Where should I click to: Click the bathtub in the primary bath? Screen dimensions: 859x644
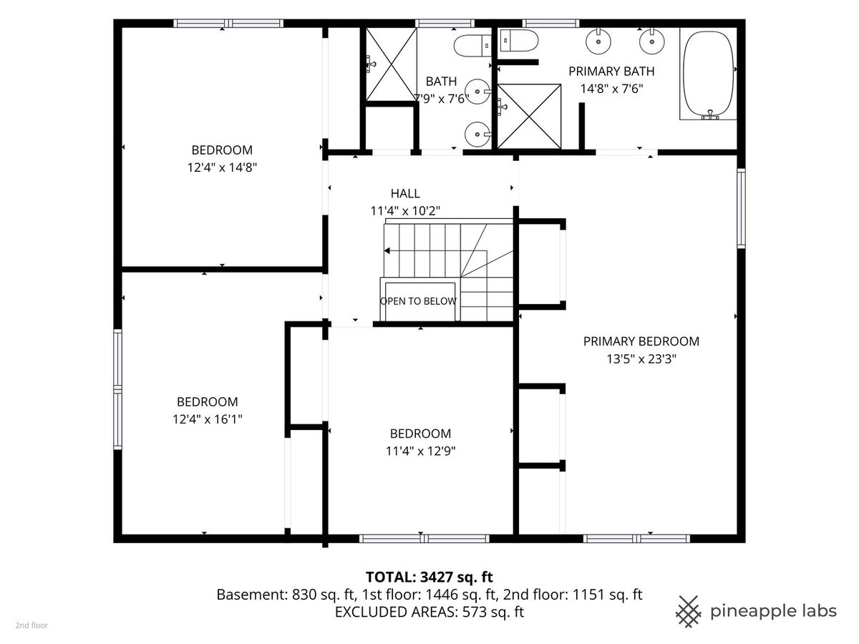tap(708, 73)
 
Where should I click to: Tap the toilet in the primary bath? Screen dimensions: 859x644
tap(519, 40)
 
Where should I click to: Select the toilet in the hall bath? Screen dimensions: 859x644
tap(472, 45)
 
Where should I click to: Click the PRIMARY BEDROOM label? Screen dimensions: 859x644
tap(641, 341)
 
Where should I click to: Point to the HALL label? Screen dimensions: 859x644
tap(405, 193)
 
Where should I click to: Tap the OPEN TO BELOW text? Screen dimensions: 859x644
tap(418, 301)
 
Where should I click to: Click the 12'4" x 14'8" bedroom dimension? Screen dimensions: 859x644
tap(222, 167)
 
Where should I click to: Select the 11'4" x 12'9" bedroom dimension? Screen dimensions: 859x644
tap(421, 452)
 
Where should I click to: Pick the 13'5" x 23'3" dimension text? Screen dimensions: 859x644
tap(641, 359)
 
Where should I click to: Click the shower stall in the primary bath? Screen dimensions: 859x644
tap(529, 117)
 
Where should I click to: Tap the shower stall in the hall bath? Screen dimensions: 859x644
tap(392, 64)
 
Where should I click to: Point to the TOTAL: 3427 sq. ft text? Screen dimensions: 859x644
tap(429, 577)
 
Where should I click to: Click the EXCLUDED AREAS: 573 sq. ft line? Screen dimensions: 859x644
tap(429, 612)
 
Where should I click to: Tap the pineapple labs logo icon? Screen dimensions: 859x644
tap(688, 612)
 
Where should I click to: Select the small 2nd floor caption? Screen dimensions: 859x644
tap(31, 625)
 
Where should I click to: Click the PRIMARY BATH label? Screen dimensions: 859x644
tap(611, 72)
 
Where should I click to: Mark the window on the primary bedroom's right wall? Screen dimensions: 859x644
tap(741, 208)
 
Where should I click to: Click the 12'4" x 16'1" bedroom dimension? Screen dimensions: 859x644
tap(208, 419)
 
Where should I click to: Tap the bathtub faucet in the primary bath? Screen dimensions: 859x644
tap(709, 114)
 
